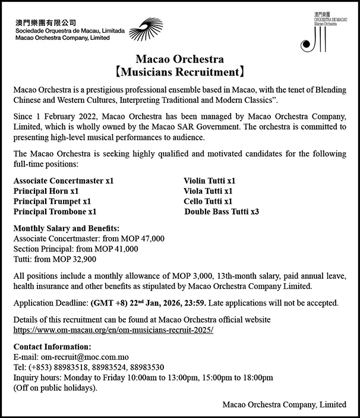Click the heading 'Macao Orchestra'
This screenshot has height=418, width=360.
[x=179, y=59]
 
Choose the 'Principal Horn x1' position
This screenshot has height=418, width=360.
[x=46, y=190]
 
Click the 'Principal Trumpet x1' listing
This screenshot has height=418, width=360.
[x=52, y=201]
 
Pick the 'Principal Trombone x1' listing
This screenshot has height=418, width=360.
[x=55, y=212]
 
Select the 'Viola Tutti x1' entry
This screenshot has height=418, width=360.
[x=208, y=190]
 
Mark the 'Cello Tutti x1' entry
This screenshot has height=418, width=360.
[x=208, y=201]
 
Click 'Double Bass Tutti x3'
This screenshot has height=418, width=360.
[x=222, y=212]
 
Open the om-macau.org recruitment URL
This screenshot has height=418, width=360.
[x=113, y=329]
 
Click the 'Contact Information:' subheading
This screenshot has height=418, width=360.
[x=52, y=347]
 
